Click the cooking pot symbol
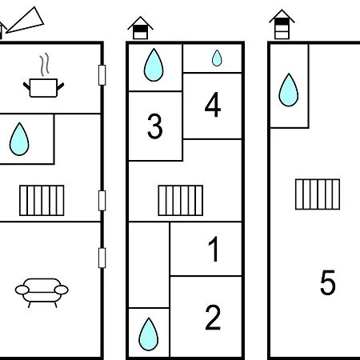click(x=43, y=88)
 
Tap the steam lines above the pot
click(x=45, y=64)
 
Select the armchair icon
click(x=42, y=293)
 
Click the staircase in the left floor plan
click(x=42, y=200)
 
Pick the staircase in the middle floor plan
click(x=181, y=200)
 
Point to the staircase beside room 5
click(x=318, y=194)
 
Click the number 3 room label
click(x=154, y=126)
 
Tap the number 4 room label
click(x=213, y=105)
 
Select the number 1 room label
click(x=214, y=249)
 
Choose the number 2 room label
click(x=213, y=318)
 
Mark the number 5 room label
click(x=328, y=282)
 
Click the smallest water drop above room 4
click(x=217, y=58)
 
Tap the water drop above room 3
click(x=154, y=65)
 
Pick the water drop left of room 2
click(x=149, y=334)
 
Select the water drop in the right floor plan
click(x=289, y=90)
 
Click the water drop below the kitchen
click(x=19, y=139)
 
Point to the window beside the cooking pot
click(x=102, y=75)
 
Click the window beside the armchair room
click(x=102, y=258)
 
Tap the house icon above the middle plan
click(x=140, y=28)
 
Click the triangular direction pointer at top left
click(x=26, y=20)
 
